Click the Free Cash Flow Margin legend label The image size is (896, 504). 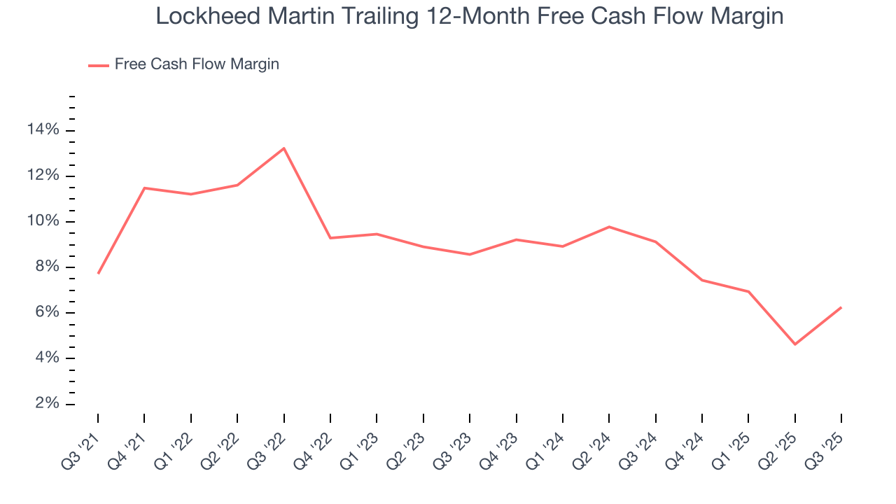coord(197,64)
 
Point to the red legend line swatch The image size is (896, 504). coord(98,65)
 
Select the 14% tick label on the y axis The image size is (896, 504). coord(43,130)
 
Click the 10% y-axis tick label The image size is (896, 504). coord(43,221)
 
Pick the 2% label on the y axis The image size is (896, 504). coord(46,404)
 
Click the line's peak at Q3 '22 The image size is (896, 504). coord(283,148)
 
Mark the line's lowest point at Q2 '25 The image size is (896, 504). coord(794,344)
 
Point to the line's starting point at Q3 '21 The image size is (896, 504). coord(98,273)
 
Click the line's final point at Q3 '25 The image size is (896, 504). coord(841,307)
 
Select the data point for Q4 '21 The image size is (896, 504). coord(144,188)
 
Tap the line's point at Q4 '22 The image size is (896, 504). coord(330,238)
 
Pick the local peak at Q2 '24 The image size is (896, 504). coord(609,227)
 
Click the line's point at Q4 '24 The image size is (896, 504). coord(701,280)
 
